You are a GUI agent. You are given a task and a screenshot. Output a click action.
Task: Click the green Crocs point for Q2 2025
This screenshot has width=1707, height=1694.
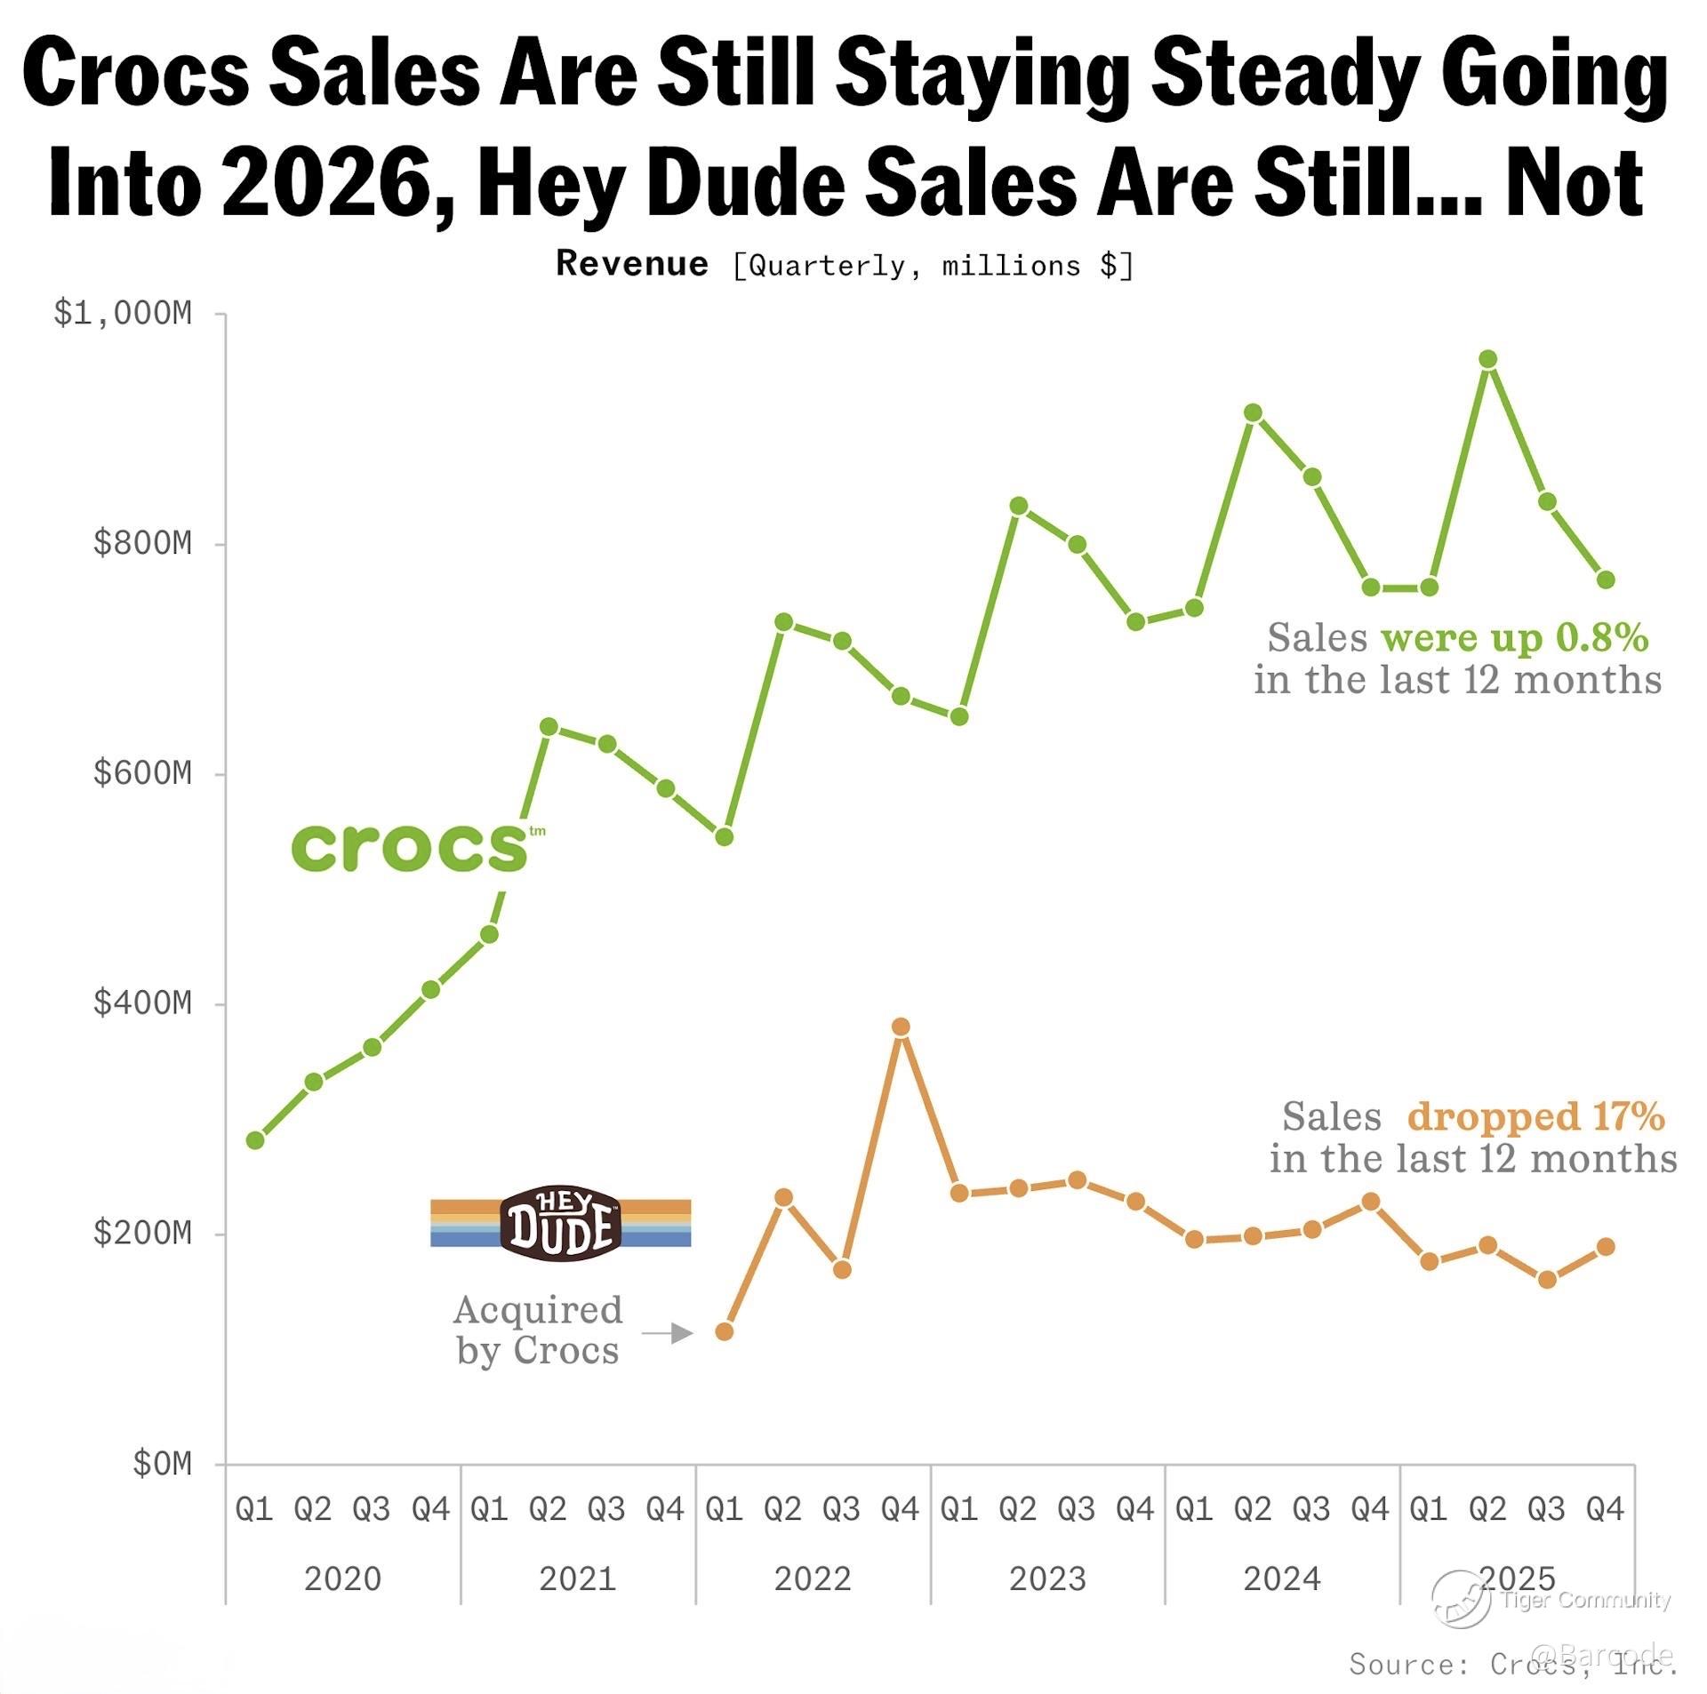(1487, 359)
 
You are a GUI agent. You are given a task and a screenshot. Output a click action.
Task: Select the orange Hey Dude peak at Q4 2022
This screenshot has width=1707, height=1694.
(901, 1027)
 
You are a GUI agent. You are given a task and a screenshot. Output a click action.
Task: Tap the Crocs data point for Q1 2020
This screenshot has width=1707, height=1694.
(255, 1139)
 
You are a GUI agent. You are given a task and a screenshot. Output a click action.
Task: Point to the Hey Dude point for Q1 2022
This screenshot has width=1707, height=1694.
(725, 1330)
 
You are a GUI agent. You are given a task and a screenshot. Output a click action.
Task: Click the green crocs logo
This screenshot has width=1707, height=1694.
(411, 847)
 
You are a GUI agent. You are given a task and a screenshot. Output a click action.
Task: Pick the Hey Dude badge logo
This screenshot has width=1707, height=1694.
(561, 1223)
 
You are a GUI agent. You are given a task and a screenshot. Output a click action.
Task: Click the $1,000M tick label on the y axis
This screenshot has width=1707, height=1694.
(123, 314)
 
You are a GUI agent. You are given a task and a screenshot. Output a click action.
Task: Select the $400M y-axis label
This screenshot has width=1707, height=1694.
(142, 1003)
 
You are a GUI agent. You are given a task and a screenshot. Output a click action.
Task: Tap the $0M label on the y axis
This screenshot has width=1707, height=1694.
(162, 1464)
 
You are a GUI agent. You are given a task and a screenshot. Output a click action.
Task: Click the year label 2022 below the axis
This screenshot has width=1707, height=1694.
(813, 1579)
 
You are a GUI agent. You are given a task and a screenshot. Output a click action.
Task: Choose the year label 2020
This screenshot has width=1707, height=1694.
(343, 1579)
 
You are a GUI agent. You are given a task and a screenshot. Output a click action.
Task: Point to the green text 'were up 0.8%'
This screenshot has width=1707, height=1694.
(1515, 637)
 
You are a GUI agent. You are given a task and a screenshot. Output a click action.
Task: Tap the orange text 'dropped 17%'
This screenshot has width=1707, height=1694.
(1535, 1116)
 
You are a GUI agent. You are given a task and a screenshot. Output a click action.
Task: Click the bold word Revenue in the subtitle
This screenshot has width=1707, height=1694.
(632, 264)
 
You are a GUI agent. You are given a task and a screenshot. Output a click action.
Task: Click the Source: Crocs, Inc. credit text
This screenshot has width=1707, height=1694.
(1511, 1664)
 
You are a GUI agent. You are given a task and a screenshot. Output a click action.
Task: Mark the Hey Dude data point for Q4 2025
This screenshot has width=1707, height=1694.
(1606, 1247)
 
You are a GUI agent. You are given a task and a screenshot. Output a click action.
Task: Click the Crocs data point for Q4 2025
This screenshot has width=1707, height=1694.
(1606, 579)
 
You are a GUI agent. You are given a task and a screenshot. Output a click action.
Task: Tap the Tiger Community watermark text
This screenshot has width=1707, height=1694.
(1586, 1601)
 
